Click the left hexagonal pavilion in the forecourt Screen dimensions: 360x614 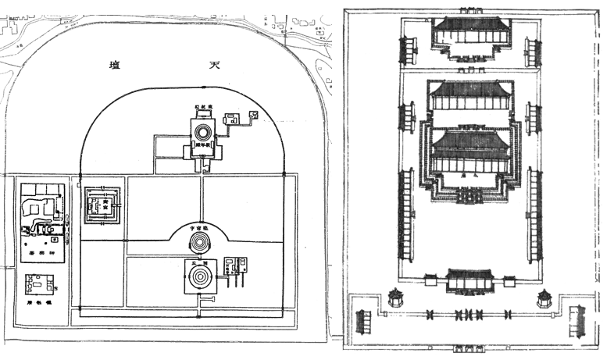[395, 298]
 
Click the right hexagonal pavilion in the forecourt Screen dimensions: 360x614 [545, 298]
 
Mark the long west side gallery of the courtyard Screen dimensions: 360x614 [407, 214]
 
